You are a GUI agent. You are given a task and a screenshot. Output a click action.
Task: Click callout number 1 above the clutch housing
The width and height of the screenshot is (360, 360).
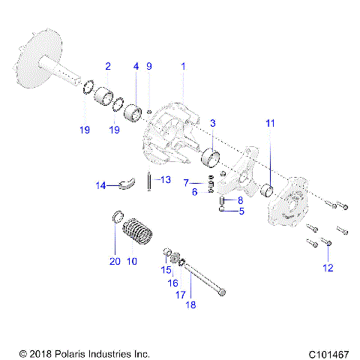point(183,67)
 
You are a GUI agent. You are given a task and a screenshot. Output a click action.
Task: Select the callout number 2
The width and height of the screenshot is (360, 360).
point(108,67)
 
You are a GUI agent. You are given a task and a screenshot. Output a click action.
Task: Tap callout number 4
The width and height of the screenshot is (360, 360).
point(136,67)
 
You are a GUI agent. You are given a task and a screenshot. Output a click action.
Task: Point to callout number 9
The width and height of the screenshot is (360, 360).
point(148,67)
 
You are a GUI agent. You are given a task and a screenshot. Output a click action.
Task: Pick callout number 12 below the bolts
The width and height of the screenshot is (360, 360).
point(327,268)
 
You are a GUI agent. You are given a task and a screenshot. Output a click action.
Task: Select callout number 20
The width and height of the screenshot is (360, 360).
point(114,262)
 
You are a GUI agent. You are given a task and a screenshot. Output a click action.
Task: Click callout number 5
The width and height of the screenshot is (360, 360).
point(241,211)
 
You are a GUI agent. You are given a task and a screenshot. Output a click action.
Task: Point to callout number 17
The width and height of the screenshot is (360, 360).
point(181,295)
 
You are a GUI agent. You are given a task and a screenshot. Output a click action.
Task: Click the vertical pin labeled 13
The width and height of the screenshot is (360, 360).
point(150,182)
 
